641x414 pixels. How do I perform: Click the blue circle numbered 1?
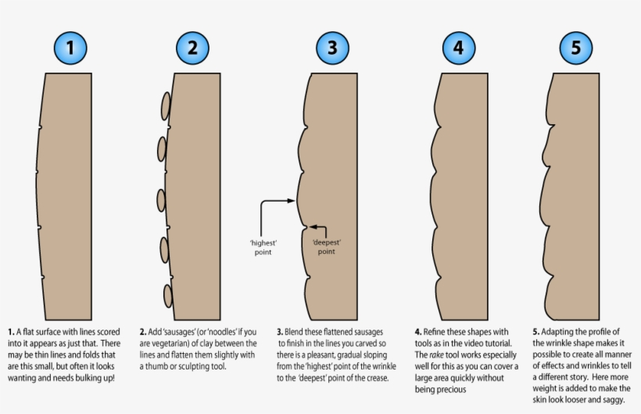pyautogui.click(x=70, y=48)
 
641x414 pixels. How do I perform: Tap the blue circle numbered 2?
pyautogui.click(x=192, y=48)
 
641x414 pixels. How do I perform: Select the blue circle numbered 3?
pyautogui.click(x=332, y=48)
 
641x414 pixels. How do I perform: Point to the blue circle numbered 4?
pyautogui.click(x=459, y=48)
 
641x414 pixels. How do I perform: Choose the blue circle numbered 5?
pyautogui.click(x=576, y=48)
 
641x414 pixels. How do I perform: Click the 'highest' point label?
pyautogui.click(x=263, y=247)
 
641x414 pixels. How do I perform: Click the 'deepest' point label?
pyautogui.click(x=327, y=247)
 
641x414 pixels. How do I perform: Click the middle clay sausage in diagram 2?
pyautogui.click(x=161, y=201)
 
